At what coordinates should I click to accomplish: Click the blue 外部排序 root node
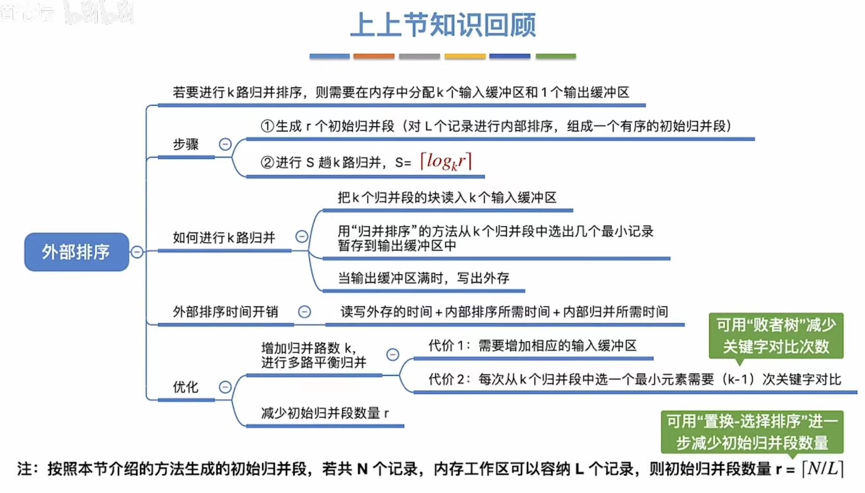coord(76,252)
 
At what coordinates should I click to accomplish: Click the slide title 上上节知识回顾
coord(443,25)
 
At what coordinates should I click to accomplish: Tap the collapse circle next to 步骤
coord(225,144)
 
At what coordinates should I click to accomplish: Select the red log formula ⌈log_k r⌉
coord(446,162)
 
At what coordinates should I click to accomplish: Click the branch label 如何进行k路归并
coord(224,238)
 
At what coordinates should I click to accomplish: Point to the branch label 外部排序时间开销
coord(225,312)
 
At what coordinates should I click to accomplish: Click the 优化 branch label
coord(185,387)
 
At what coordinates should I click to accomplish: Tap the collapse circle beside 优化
coord(225,387)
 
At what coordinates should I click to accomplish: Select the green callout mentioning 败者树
coord(776,336)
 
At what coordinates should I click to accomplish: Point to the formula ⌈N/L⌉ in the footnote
coord(823,469)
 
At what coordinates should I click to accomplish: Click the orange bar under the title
coord(374,56)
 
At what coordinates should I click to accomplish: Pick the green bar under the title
coord(556,56)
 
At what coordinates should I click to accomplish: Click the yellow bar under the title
coord(464,56)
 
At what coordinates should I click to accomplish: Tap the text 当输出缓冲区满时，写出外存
coord(423,278)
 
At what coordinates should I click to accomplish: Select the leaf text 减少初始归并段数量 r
coord(324,413)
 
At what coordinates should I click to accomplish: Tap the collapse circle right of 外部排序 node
coord(137,252)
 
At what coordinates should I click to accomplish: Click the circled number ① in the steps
coord(267,126)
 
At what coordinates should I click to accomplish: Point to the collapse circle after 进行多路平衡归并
coord(393,354)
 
